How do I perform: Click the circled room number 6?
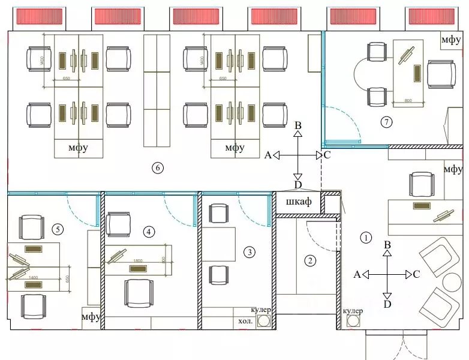157,168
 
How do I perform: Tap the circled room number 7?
386,122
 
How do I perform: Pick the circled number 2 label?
310,260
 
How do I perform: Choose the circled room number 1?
366,237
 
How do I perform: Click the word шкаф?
298,202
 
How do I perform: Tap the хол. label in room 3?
245,321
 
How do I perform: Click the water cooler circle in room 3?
263,321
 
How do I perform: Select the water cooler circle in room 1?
352,321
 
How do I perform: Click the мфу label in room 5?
91,316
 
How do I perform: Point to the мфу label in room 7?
451,40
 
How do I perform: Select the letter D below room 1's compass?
387,304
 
